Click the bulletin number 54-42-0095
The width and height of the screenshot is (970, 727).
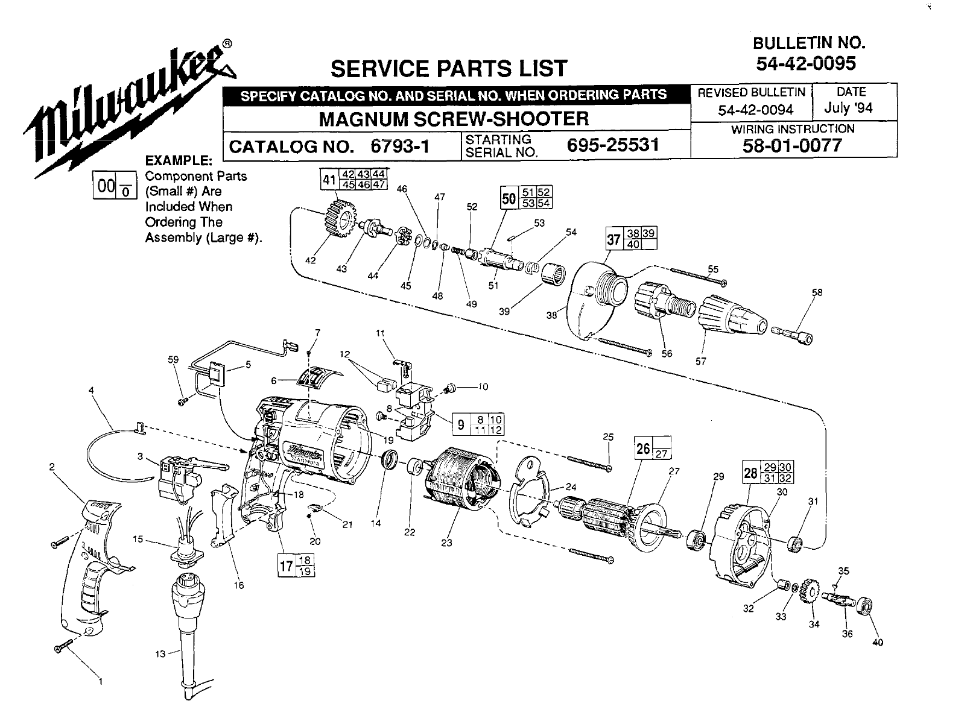click(805, 63)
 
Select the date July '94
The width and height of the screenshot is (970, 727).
click(848, 108)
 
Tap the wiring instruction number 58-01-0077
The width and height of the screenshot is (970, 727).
click(792, 145)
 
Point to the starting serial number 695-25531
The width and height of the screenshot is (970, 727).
click(613, 144)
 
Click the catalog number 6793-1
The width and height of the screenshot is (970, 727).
click(400, 146)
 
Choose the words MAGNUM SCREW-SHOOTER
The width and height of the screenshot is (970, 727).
click(454, 119)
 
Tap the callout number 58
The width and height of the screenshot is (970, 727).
click(817, 292)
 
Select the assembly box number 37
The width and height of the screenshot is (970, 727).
click(613, 240)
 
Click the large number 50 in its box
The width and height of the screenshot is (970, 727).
click(509, 199)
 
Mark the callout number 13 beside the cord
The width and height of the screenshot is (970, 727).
click(160, 653)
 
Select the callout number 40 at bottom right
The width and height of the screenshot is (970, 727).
click(878, 642)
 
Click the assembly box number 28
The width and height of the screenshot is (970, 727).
click(750, 473)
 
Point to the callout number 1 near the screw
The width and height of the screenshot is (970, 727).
click(101, 682)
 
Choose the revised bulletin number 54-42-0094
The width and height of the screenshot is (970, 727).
click(756, 110)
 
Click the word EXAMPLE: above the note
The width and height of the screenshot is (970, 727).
click(179, 160)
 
